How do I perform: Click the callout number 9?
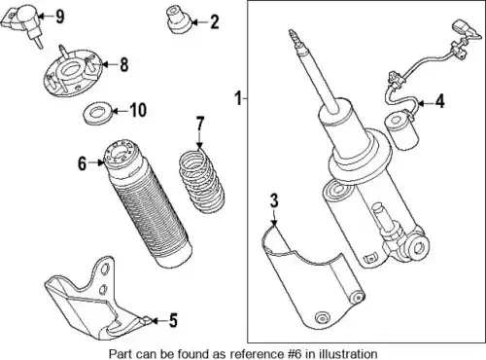[59, 17]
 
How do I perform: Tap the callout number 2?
[214, 22]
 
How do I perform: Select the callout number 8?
[124, 64]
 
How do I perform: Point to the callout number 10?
[138, 110]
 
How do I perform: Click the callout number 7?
[200, 125]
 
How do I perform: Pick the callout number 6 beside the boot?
[83, 163]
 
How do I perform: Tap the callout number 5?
[173, 320]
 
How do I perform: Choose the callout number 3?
[274, 200]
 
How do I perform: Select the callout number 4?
[439, 101]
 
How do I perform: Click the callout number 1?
[238, 98]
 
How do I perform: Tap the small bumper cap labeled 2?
[179, 19]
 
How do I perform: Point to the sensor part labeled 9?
[20, 23]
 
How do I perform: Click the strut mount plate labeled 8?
[73, 72]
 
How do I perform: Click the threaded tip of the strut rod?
[294, 37]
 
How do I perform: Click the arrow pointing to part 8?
[109, 64]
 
